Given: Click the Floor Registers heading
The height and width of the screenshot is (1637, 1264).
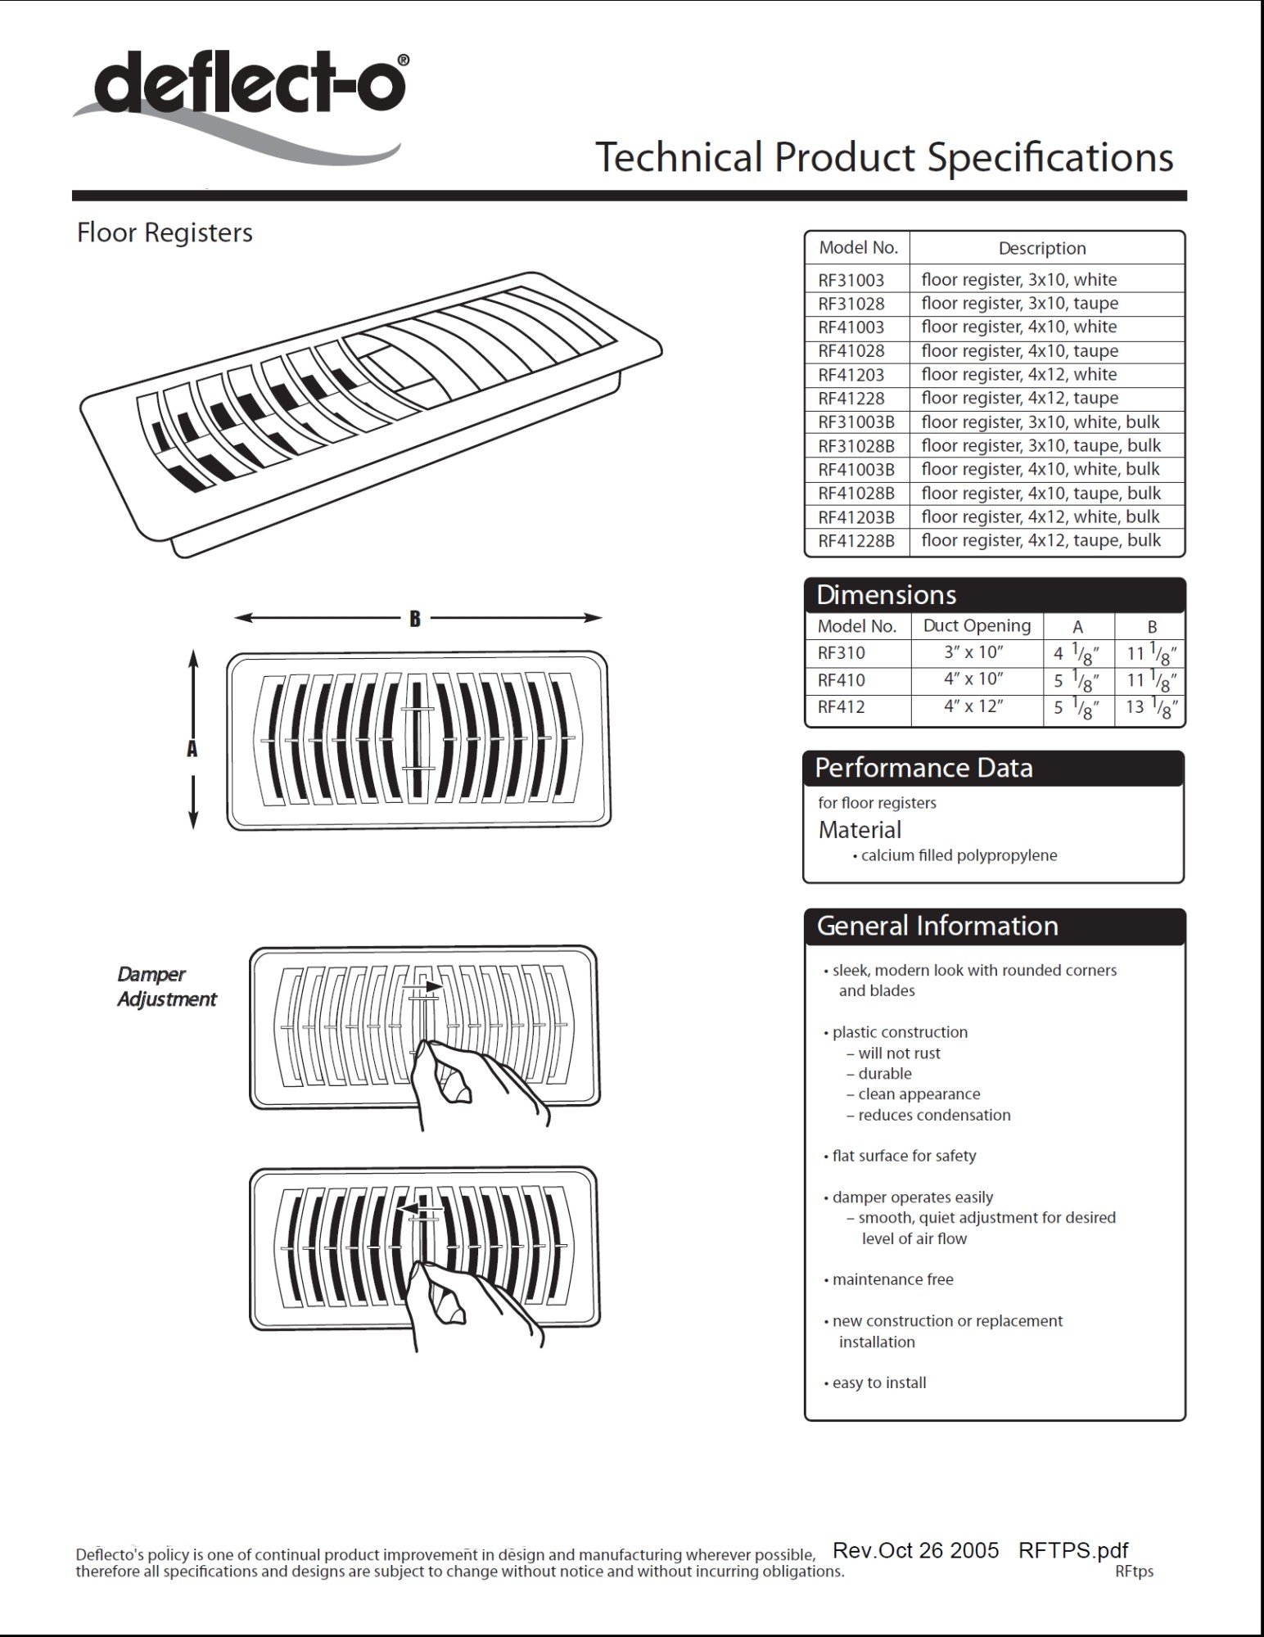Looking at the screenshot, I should [165, 233].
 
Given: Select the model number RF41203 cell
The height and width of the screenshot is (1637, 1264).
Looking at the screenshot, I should [851, 375].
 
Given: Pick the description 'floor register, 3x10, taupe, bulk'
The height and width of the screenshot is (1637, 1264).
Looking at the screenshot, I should [1041, 446].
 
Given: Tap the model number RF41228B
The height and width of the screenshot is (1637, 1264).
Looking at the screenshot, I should [856, 541].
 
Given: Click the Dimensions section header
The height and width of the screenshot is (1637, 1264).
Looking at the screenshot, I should [887, 595].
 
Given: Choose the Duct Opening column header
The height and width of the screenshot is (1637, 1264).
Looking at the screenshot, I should [977, 626].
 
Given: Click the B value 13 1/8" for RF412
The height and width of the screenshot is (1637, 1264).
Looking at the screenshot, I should [1151, 706].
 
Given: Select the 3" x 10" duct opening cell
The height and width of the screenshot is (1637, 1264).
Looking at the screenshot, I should [973, 653].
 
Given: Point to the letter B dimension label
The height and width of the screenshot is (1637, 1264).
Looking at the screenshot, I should [415, 619].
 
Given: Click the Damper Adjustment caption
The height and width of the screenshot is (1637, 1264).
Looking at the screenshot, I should [166, 986].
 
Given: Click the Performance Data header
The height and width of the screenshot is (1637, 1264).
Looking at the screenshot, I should [923, 769].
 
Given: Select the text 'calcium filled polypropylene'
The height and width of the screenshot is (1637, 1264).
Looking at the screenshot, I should [959, 856].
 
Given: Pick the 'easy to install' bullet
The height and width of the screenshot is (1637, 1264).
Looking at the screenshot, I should [878, 1383].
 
